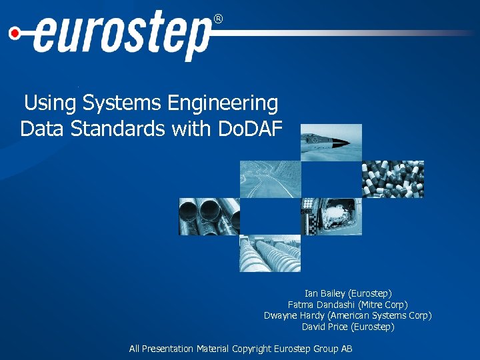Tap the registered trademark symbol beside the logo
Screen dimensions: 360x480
[x=217, y=19]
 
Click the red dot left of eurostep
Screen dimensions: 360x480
[x=14, y=31]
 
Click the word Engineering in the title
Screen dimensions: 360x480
[x=223, y=103]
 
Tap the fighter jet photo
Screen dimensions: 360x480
[x=331, y=142]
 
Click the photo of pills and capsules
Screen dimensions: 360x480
[x=393, y=179]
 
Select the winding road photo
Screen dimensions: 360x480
[x=271, y=179]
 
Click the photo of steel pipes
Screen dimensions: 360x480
[x=209, y=217]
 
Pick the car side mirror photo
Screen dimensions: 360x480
[x=331, y=217]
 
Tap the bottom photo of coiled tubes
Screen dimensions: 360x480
[x=271, y=253]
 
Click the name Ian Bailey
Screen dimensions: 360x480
[x=325, y=293]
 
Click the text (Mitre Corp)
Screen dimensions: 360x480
[x=383, y=305]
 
